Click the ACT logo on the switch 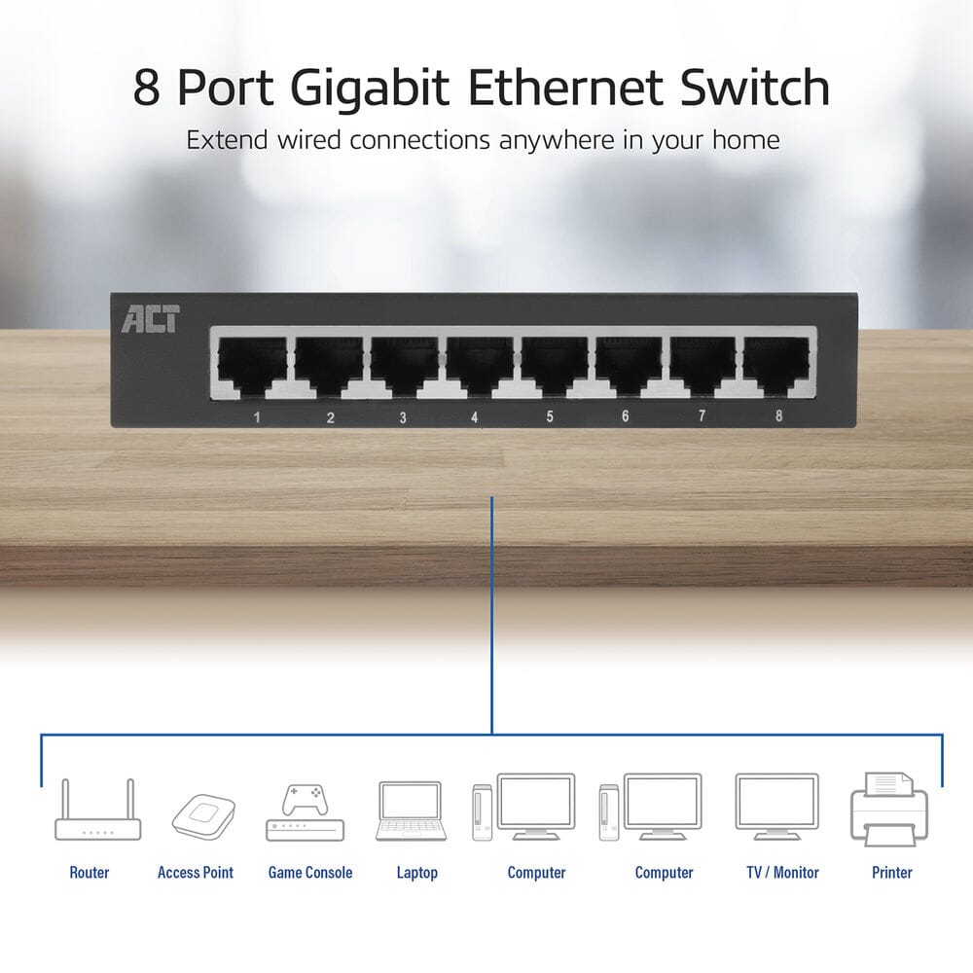pyautogui.click(x=150, y=319)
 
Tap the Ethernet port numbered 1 pyautogui.click(x=251, y=367)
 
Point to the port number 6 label pyautogui.click(x=625, y=416)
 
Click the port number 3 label pyautogui.click(x=403, y=417)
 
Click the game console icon pyautogui.click(x=305, y=813)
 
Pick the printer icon pyautogui.click(x=888, y=809)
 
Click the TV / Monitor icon pyautogui.click(x=776, y=807)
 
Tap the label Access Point pyautogui.click(x=196, y=873)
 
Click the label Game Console pyautogui.click(x=310, y=873)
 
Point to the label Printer pyautogui.click(x=892, y=873)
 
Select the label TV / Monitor pyautogui.click(x=782, y=873)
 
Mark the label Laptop pyautogui.click(x=416, y=873)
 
